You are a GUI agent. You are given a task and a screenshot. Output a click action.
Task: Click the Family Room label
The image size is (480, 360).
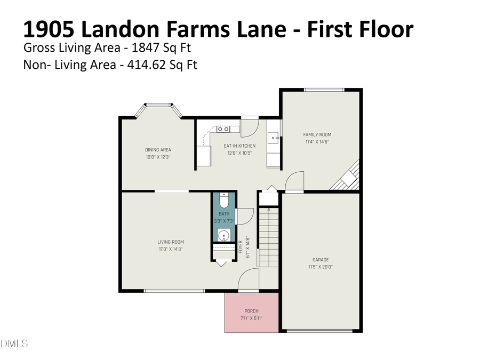pyautogui.click(x=317, y=134)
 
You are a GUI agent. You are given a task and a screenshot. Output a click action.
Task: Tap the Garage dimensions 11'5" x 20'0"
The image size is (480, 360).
pyautogui.click(x=321, y=267)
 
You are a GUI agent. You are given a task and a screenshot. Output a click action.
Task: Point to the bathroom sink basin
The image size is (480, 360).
pyautogui.click(x=224, y=235)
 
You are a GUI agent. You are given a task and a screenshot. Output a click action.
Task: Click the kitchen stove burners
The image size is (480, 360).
pyautogui.click(x=223, y=129)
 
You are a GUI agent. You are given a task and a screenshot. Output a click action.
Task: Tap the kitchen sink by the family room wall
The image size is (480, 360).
pyautogui.click(x=274, y=138)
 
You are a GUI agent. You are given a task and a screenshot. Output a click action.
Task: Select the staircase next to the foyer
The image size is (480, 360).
pyautogui.click(x=268, y=237)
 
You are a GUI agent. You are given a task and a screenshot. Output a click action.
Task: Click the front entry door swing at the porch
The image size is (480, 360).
pyautogui.click(x=249, y=278)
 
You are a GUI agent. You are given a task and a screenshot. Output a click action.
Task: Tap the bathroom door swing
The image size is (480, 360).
pyautogui.click(x=244, y=216)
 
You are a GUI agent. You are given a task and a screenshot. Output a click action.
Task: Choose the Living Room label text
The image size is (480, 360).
pyautogui.click(x=170, y=242)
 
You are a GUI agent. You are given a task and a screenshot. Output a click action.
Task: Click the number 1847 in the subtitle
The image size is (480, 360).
pyautogui.click(x=142, y=47)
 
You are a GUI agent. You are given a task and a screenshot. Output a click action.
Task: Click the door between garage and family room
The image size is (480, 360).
pyautogui.click(x=294, y=181)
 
